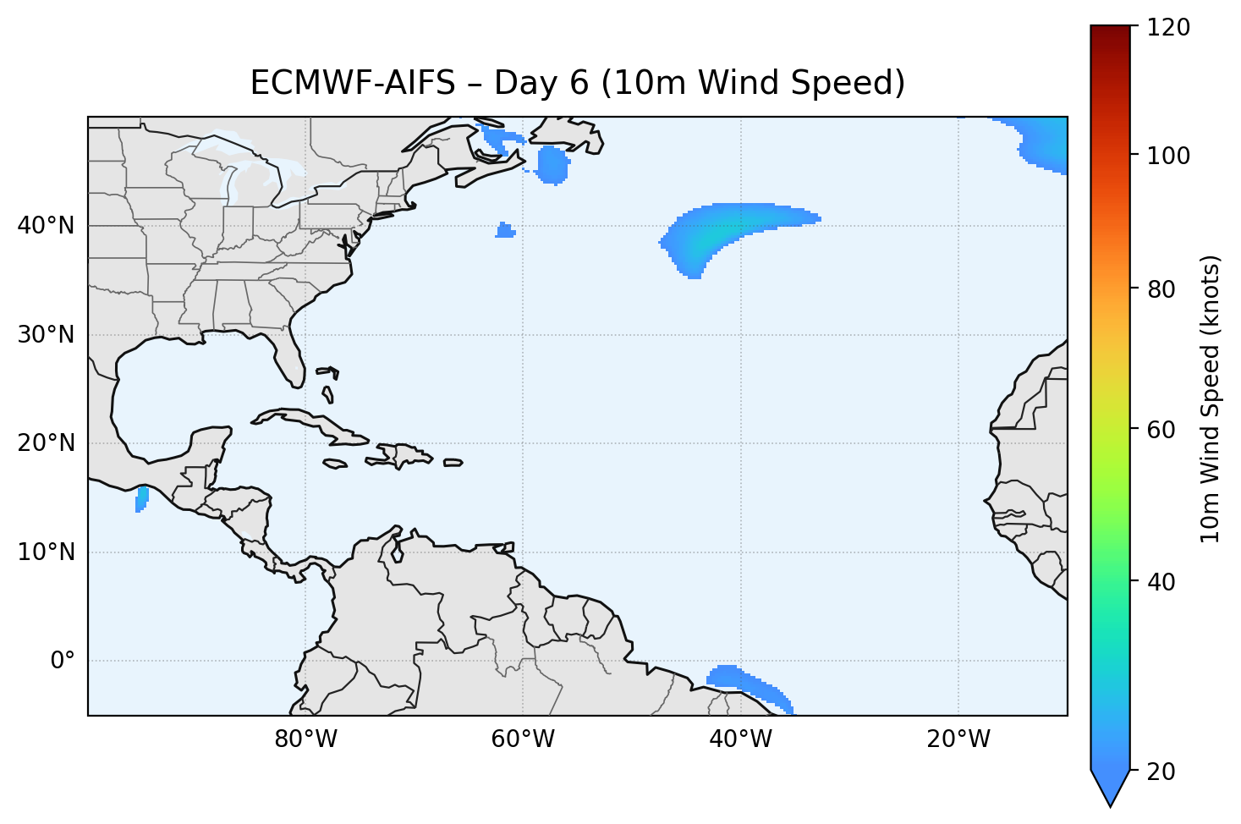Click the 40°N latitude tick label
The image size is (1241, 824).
point(46,226)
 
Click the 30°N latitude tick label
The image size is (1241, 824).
point(46,335)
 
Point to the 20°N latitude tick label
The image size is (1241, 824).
point(46,443)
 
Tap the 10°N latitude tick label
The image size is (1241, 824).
point(46,552)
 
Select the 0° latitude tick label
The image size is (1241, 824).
point(63,661)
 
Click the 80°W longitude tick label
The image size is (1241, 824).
point(305,739)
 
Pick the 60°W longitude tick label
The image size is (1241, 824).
point(523,739)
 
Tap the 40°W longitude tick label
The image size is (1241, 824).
point(740,739)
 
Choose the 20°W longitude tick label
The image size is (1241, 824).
point(958,739)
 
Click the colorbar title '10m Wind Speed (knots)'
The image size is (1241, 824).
point(1211,398)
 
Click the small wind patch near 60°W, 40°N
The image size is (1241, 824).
point(506,230)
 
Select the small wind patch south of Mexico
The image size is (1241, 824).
point(141,499)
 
